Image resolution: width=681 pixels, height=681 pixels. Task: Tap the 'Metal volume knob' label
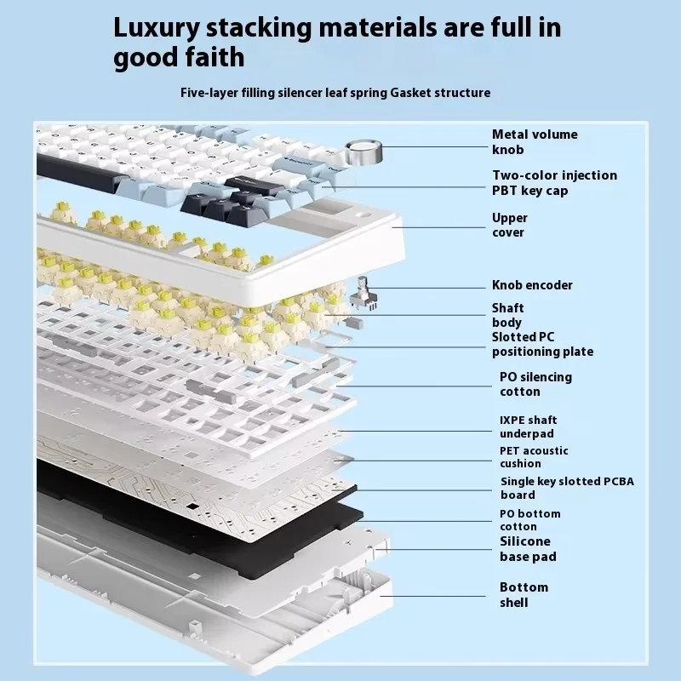point(534,142)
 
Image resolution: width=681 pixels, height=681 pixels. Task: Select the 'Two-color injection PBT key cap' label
point(554,183)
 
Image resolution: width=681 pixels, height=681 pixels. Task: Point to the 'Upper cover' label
point(509,226)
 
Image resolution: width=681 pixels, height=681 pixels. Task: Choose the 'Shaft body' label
point(507,315)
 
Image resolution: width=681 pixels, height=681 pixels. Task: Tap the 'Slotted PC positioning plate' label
point(542,344)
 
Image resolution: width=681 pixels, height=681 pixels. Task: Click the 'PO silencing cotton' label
point(535,384)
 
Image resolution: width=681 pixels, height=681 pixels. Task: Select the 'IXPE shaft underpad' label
point(528,426)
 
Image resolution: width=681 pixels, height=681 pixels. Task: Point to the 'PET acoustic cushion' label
point(534,457)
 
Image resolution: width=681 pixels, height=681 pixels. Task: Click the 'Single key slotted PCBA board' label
point(566,488)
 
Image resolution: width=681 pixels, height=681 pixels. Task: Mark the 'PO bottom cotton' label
point(529,520)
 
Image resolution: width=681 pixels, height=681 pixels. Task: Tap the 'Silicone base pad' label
point(528,549)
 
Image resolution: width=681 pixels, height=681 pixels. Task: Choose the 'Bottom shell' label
point(524,595)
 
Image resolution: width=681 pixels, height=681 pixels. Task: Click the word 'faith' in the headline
point(214,57)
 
